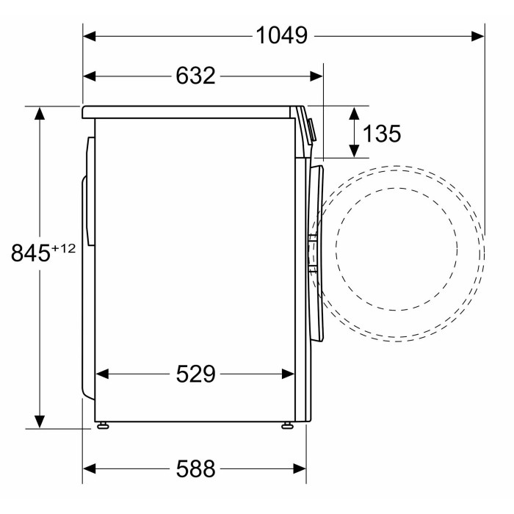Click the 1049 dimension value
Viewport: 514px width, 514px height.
(281, 35)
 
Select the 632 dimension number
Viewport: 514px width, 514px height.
(196, 76)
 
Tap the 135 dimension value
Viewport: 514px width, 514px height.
(382, 134)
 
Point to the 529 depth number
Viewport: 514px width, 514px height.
(196, 374)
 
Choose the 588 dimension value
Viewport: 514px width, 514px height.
(196, 468)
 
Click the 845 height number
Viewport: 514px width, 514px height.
(31, 253)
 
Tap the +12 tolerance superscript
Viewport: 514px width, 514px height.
(63, 248)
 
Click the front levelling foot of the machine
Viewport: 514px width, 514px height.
(288, 425)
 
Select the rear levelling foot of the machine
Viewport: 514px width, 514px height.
(103, 425)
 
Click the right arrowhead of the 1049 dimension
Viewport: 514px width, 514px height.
(478, 36)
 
